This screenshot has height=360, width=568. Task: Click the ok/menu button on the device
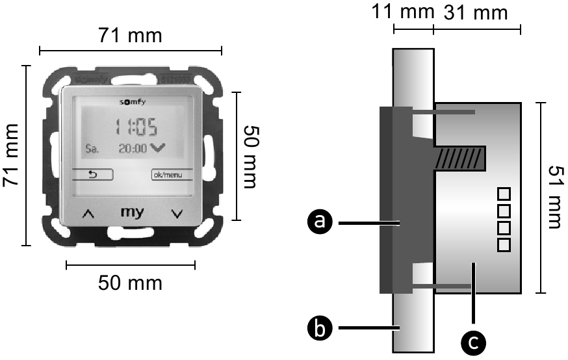coord(167,174)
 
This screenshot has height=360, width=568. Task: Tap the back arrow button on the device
coord(92,174)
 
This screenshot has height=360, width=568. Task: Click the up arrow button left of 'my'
coord(88,214)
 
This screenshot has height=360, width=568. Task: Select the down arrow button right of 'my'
coord(176,214)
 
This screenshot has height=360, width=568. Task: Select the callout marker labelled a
coord(318,224)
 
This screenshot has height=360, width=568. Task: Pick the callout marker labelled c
coord(474,340)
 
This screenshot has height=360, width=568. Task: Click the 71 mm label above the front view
coord(131,34)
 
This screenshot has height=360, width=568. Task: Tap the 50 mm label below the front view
coord(131,283)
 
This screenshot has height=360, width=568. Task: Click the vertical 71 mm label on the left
coord(12,156)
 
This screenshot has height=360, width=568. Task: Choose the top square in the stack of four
coord(504,194)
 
